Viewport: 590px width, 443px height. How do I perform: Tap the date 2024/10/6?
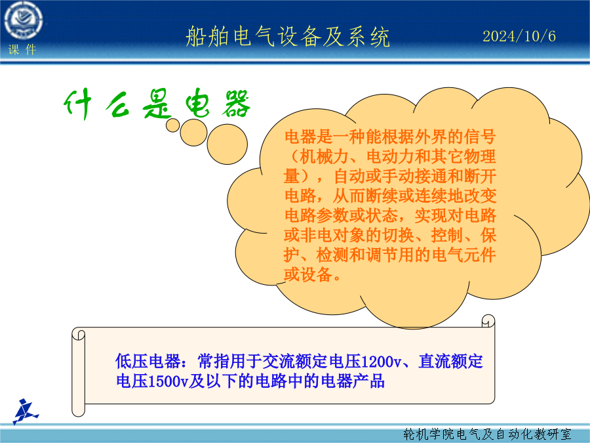click(519, 37)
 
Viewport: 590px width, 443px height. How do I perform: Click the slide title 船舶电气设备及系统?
click(288, 37)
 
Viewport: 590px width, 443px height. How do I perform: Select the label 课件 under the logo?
click(22, 50)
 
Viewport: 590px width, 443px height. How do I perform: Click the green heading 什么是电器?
click(157, 104)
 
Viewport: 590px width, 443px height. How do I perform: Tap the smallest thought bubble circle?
click(172, 125)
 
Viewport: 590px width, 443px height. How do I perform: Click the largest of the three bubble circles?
click(227, 144)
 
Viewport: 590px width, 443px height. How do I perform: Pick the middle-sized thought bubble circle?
click(193, 133)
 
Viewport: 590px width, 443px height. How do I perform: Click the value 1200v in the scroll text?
click(381, 362)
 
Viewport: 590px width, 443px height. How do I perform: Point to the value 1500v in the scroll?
click(168, 381)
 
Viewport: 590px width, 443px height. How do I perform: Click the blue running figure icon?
click(26, 411)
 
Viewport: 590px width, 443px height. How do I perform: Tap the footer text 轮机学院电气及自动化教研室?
click(487, 434)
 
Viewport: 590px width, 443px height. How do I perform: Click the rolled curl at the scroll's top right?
click(488, 321)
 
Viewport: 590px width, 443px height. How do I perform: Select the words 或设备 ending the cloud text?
click(308, 274)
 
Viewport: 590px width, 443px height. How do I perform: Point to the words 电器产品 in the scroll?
click(353, 381)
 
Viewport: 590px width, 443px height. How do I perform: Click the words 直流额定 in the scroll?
click(450, 361)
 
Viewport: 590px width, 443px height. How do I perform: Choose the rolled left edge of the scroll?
click(78, 372)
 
